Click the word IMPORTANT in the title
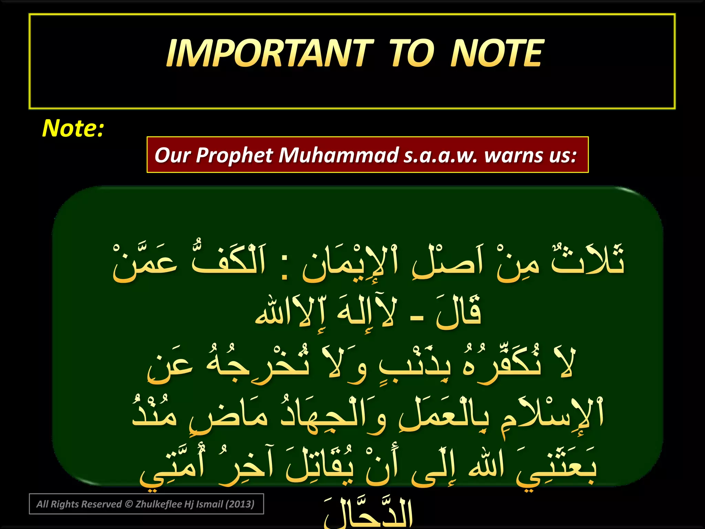(270, 53)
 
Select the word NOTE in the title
(497, 53)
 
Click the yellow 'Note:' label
(73, 128)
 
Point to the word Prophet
(234, 155)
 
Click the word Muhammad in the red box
(338, 155)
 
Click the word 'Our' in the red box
(172, 155)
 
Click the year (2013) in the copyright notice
(240, 504)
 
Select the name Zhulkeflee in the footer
(158, 504)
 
